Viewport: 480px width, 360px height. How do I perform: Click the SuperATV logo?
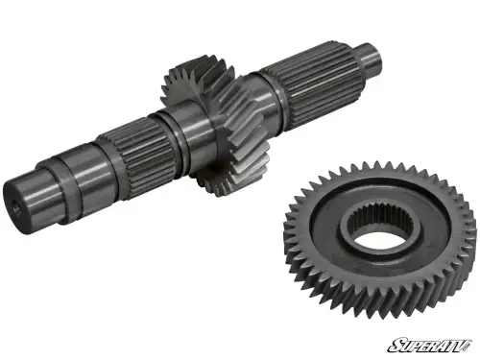coord(431,344)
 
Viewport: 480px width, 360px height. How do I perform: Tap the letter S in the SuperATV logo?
coord(394,344)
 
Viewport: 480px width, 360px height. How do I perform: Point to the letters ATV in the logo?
coord(455,344)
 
